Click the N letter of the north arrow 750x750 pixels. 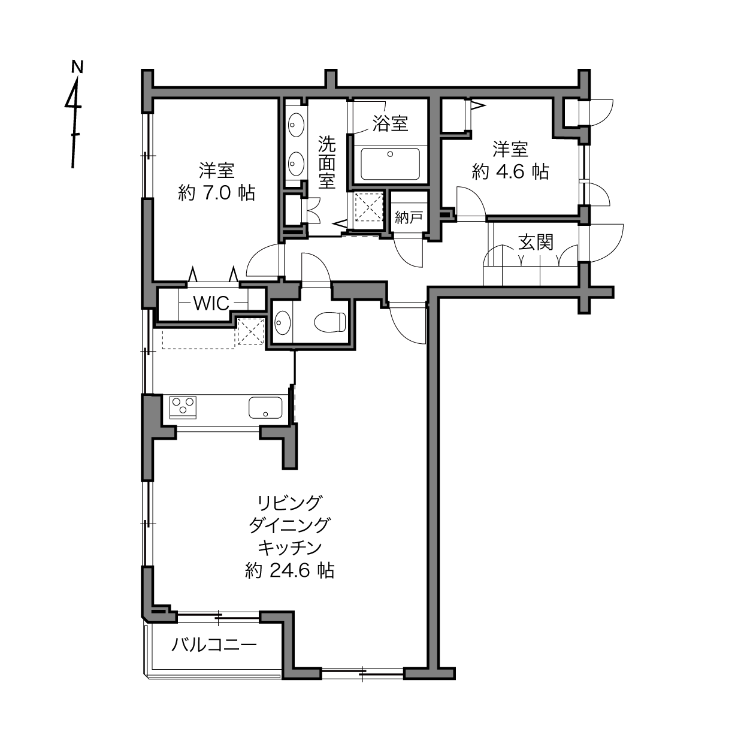coord(78,66)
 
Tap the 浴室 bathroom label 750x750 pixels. coord(390,123)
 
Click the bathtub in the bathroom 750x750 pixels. coord(391,164)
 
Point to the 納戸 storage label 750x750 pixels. coord(409,217)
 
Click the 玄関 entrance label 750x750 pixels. coord(536,243)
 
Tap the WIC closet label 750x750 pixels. coord(211,304)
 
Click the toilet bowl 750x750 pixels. coord(330,322)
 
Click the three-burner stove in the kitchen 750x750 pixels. coord(183,407)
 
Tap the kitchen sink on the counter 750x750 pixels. coord(265,407)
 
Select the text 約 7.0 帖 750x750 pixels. coord(216,193)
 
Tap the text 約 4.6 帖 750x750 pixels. coord(510,172)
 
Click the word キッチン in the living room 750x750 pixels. coord(290,548)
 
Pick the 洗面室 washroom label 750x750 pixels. coord(327,162)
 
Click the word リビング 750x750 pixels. coord(290,503)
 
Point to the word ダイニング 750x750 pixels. coord(289,525)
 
